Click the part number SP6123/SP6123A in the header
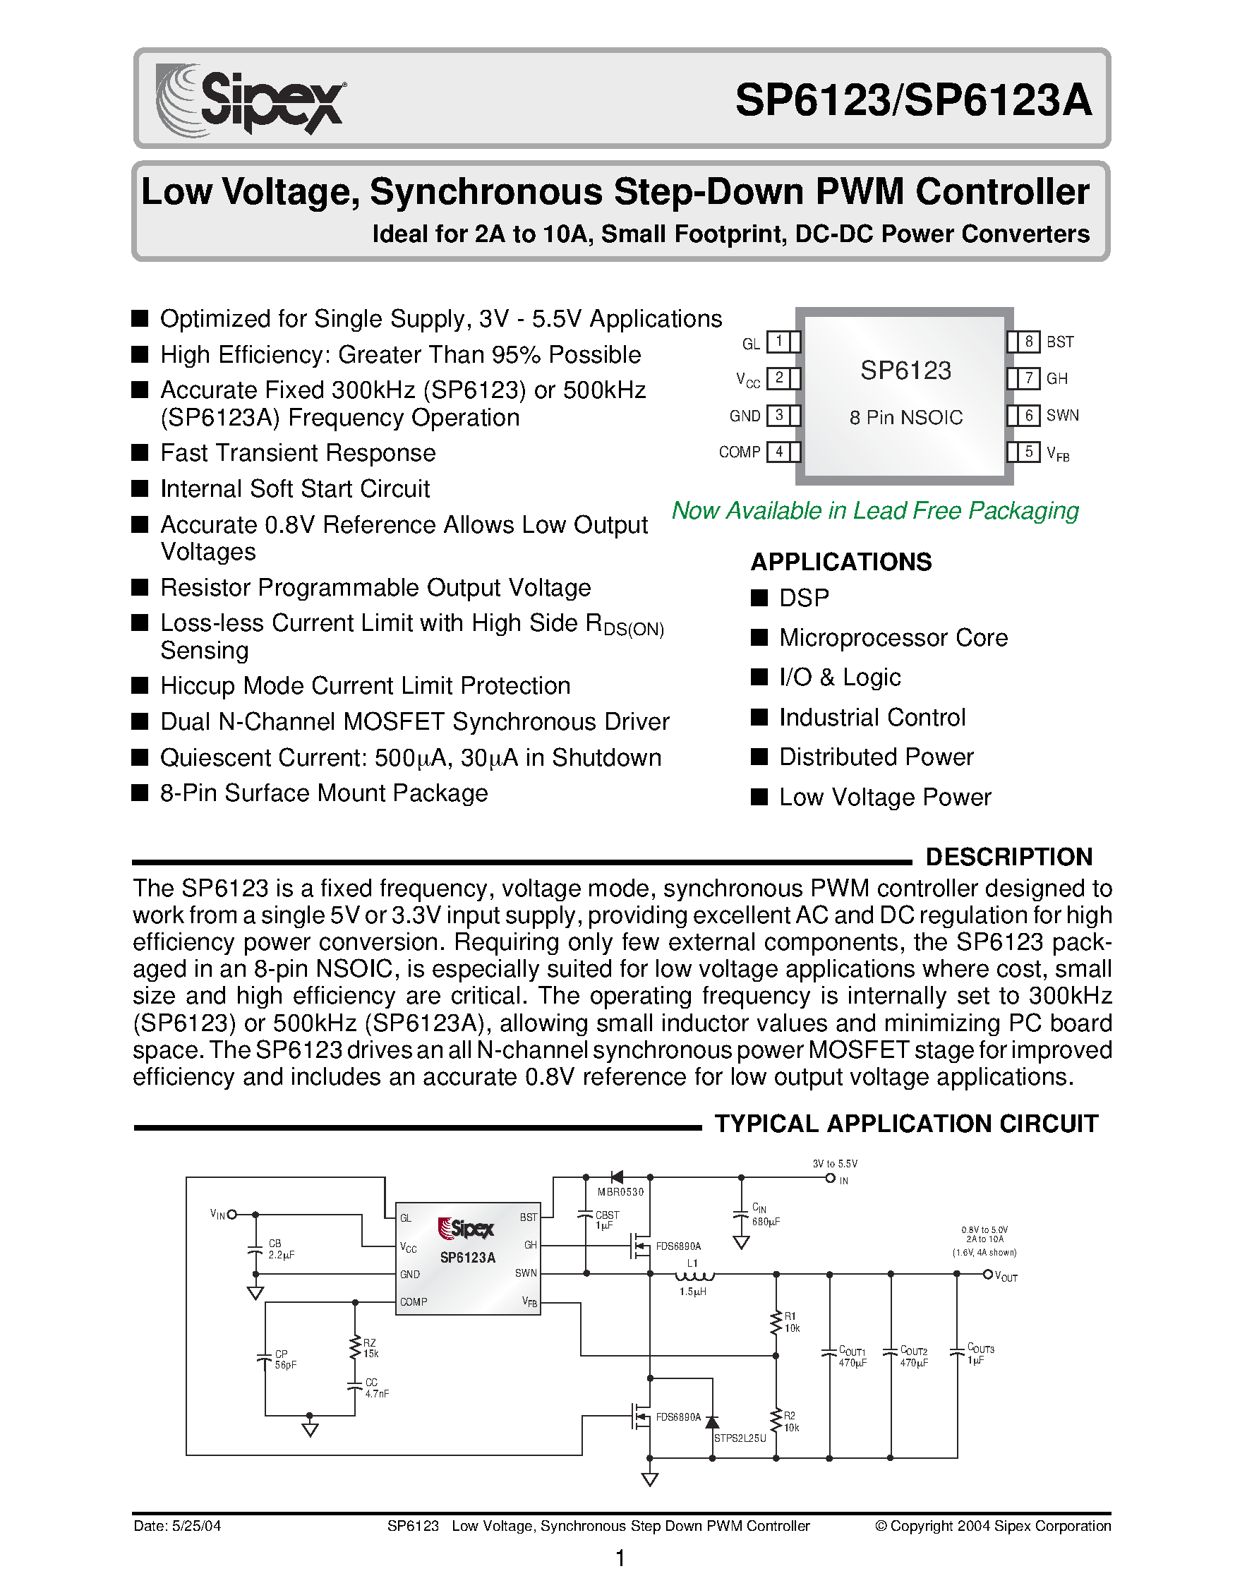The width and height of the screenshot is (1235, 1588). [x=913, y=100]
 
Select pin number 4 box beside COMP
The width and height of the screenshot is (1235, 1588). [x=778, y=452]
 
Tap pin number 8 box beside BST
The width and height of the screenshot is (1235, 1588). [x=1028, y=341]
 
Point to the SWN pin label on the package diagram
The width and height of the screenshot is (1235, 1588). [x=1062, y=415]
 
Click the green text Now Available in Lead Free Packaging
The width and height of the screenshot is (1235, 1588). [x=874, y=510]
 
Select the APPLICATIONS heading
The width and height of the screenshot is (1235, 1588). [x=841, y=562]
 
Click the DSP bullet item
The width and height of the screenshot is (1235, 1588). [x=803, y=598]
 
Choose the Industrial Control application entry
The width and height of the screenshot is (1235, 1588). [x=872, y=718]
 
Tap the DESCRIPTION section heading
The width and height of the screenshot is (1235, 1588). [x=1009, y=857]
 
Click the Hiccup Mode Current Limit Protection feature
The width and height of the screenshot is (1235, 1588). [x=365, y=685]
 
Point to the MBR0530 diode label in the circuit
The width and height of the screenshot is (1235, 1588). [x=620, y=1192]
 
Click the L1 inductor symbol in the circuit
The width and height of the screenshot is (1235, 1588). [x=694, y=1277]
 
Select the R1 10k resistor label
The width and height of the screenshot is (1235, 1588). [x=791, y=1323]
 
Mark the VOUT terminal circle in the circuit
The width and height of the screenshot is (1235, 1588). [x=987, y=1274]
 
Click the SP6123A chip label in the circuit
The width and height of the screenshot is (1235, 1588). [x=467, y=1258]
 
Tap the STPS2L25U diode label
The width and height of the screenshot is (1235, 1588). [x=740, y=1438]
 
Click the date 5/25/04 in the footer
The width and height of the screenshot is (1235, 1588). [x=176, y=1526]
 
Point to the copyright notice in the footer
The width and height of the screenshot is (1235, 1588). [x=992, y=1526]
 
